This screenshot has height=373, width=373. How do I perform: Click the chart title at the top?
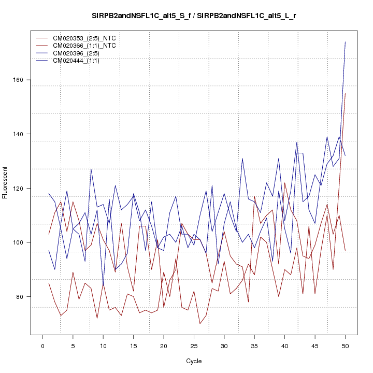(x=194, y=16)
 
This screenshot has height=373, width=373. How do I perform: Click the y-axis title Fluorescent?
(x=6, y=182)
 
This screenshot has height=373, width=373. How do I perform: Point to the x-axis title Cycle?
(x=194, y=361)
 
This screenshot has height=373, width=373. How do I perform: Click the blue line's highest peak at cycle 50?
(x=345, y=42)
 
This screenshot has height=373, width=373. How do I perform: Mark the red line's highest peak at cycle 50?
(x=345, y=94)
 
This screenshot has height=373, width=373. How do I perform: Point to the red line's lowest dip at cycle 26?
(x=200, y=324)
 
